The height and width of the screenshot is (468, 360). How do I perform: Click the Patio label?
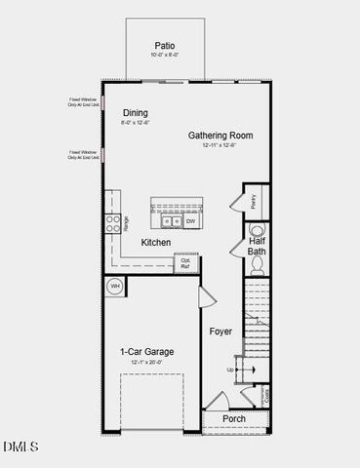pyautogui.click(x=165, y=45)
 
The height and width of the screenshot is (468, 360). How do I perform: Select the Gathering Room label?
pyautogui.click(x=220, y=136)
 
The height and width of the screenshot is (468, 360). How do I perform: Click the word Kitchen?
pyautogui.click(x=156, y=242)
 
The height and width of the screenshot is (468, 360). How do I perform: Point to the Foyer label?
pyautogui.click(x=221, y=331)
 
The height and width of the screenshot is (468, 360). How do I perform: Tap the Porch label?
pyautogui.click(x=234, y=419)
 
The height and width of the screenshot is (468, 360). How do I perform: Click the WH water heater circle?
pyautogui.click(x=114, y=287)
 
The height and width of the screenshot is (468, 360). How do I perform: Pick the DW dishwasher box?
pyautogui.click(x=190, y=221)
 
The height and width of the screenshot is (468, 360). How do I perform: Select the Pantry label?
pyautogui.click(x=254, y=200)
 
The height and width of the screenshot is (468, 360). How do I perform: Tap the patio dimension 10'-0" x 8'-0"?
pyautogui.click(x=165, y=56)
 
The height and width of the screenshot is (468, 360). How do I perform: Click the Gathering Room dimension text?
pyautogui.click(x=220, y=145)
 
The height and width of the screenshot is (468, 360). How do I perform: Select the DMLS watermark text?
pyautogui.click(x=20, y=447)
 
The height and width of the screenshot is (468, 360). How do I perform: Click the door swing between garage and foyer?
pyautogui.click(x=207, y=297)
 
